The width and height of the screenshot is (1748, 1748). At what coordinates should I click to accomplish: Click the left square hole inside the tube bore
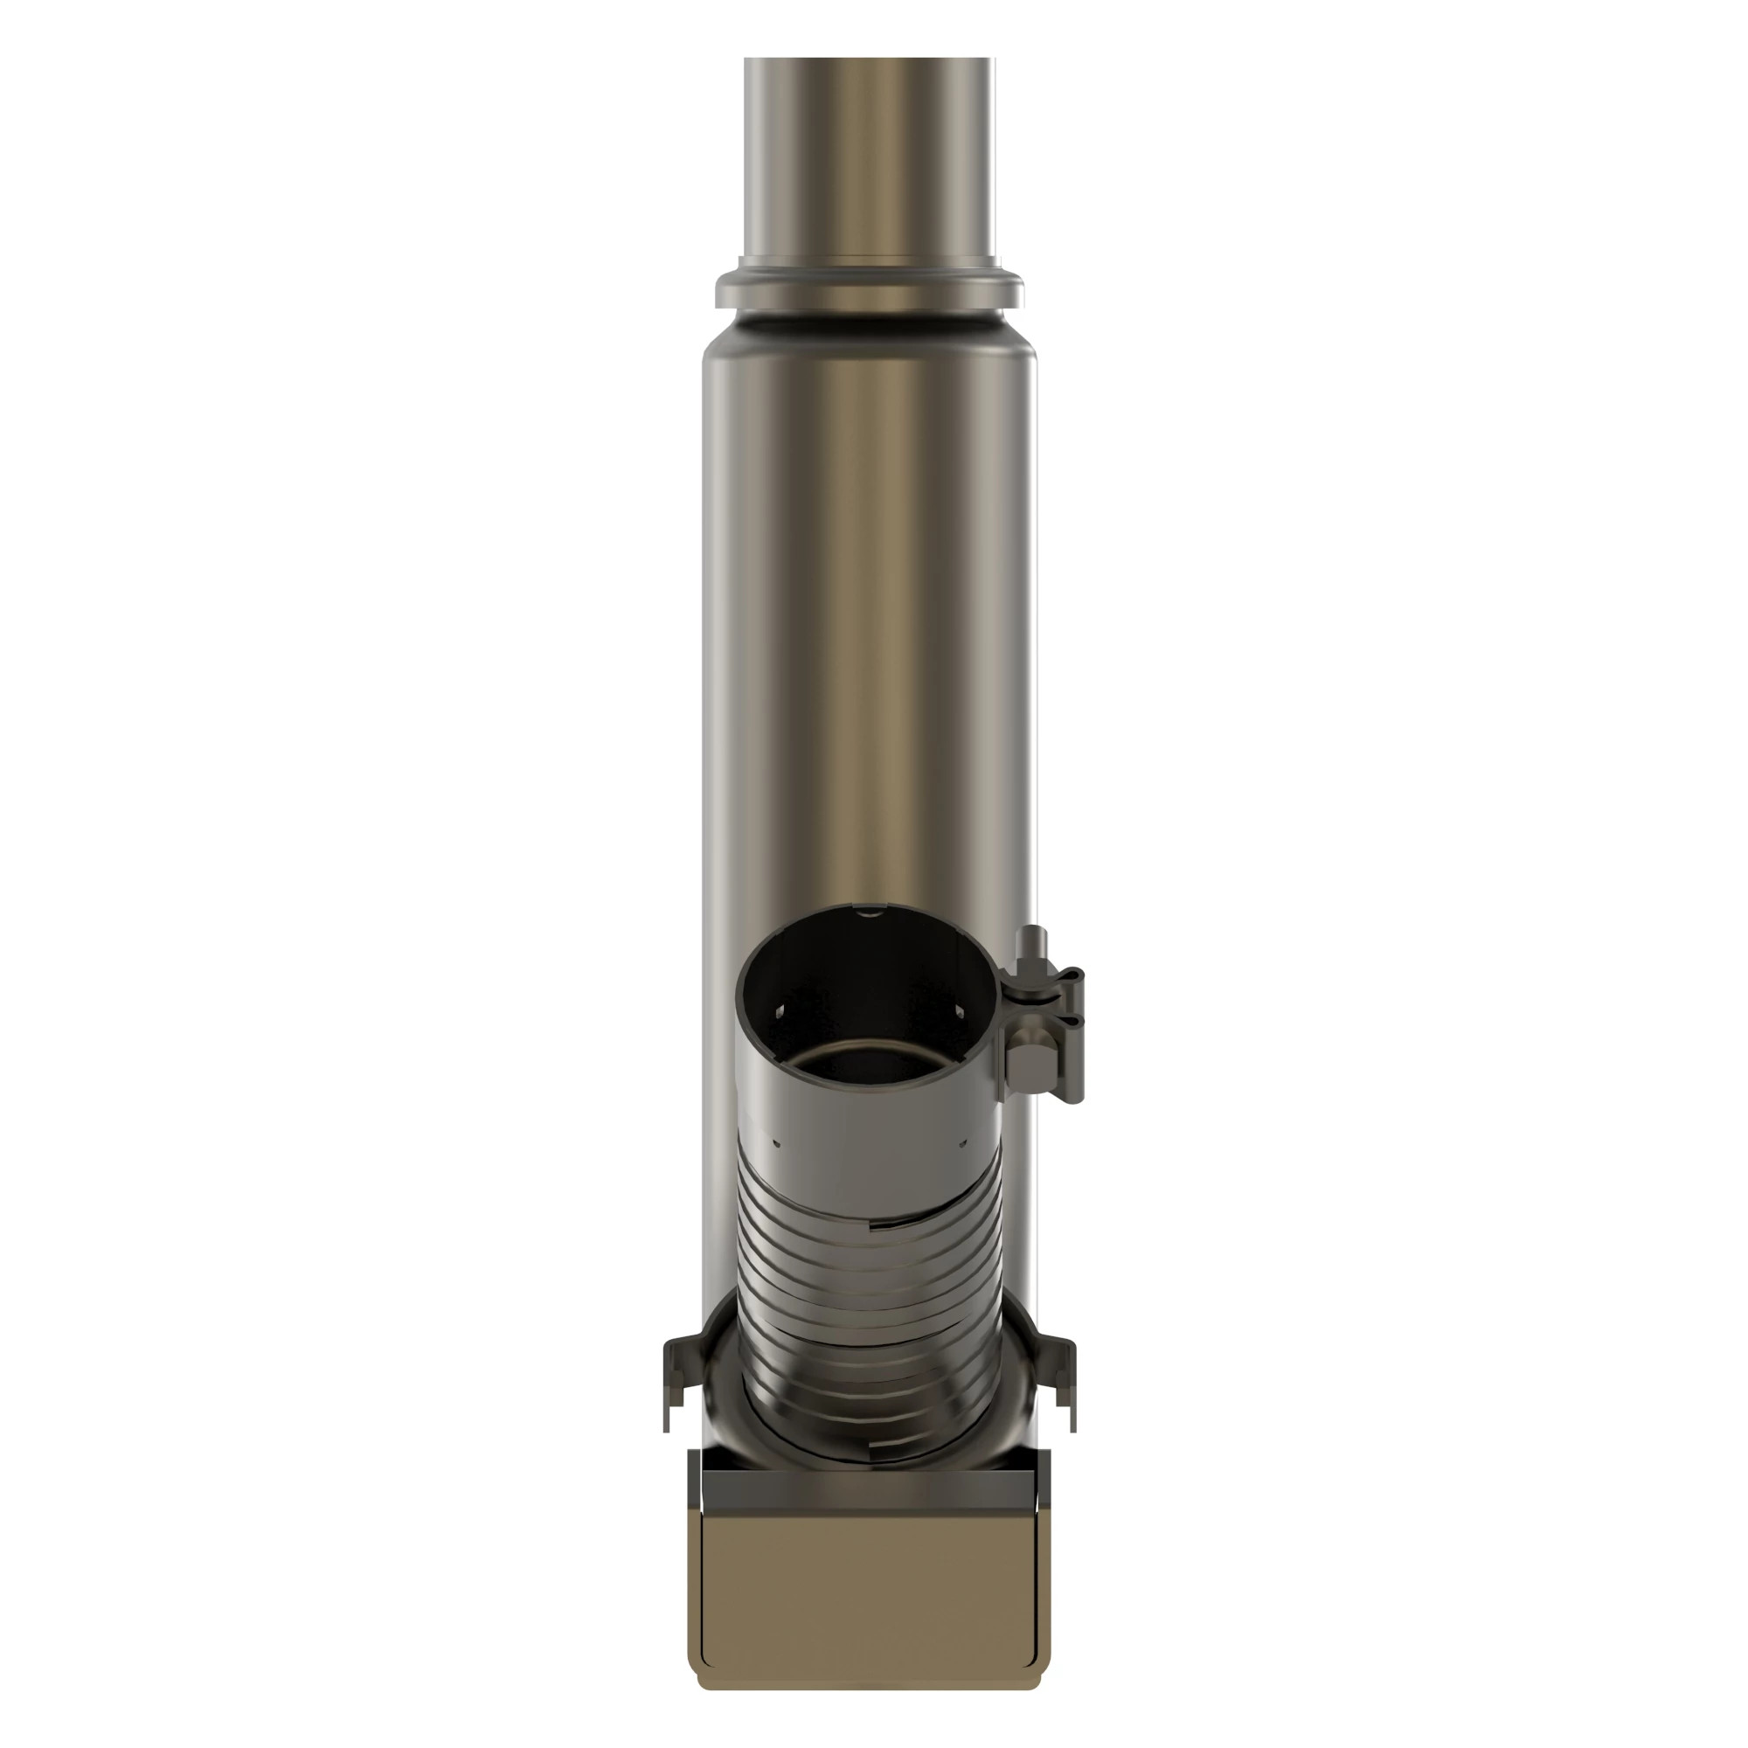tap(780, 1015)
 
